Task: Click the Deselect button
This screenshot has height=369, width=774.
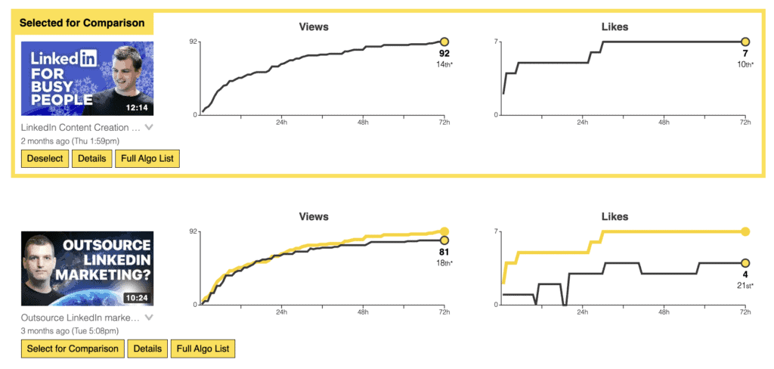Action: [45, 159]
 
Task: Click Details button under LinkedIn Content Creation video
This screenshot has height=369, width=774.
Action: [91, 159]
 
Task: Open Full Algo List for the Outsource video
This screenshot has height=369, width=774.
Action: [203, 349]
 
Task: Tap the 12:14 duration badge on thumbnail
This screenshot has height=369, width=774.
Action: [137, 107]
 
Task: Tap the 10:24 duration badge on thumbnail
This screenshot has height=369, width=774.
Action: [136, 297]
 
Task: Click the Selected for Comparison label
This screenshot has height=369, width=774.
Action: [82, 23]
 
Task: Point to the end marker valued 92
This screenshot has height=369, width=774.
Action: [444, 42]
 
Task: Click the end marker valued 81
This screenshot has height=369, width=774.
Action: [444, 240]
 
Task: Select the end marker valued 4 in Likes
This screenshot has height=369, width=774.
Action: [745, 262]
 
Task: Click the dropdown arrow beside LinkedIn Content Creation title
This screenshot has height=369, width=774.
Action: [149, 128]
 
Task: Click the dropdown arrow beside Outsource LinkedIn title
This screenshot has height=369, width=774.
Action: [149, 318]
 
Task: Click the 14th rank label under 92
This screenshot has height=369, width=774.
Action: [444, 65]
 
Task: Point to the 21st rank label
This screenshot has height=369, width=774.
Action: [745, 285]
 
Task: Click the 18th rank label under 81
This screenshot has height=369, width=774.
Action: [444, 263]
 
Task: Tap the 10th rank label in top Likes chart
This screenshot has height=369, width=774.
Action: [745, 65]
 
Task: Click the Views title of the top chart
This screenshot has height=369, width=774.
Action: [314, 27]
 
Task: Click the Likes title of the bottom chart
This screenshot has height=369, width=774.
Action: [615, 217]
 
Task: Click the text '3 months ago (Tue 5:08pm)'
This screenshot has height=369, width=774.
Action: [70, 330]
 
